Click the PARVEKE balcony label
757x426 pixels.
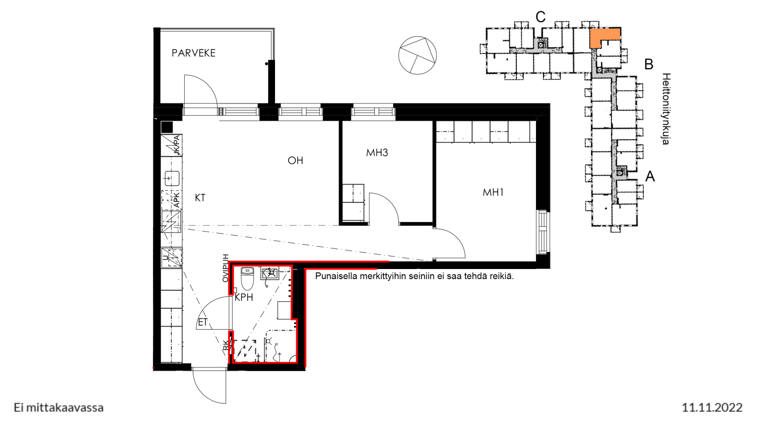pyautogui.click(x=193, y=53)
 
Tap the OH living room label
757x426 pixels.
pyautogui.click(x=295, y=161)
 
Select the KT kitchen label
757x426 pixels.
pyautogui.click(x=200, y=198)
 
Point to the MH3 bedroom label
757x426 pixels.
pyautogui.click(x=377, y=153)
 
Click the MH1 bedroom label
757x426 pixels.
pyautogui.click(x=493, y=192)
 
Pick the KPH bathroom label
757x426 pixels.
pyautogui.click(x=244, y=297)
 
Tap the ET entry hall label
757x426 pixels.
pyautogui.click(x=202, y=323)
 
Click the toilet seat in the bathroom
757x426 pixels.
pyautogui.click(x=247, y=279)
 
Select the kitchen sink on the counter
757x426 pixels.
pyautogui.click(x=172, y=179)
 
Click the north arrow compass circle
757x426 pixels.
pyautogui.click(x=417, y=55)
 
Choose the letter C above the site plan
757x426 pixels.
pyautogui.click(x=540, y=17)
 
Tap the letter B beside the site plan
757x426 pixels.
pyautogui.click(x=648, y=64)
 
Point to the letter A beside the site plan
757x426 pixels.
pyautogui.click(x=650, y=177)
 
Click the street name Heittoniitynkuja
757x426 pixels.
pyautogui.click(x=666, y=109)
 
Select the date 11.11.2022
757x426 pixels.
pyautogui.click(x=712, y=407)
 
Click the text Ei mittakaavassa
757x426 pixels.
pyautogui.click(x=59, y=408)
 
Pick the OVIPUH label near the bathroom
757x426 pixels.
pyautogui.click(x=226, y=268)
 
